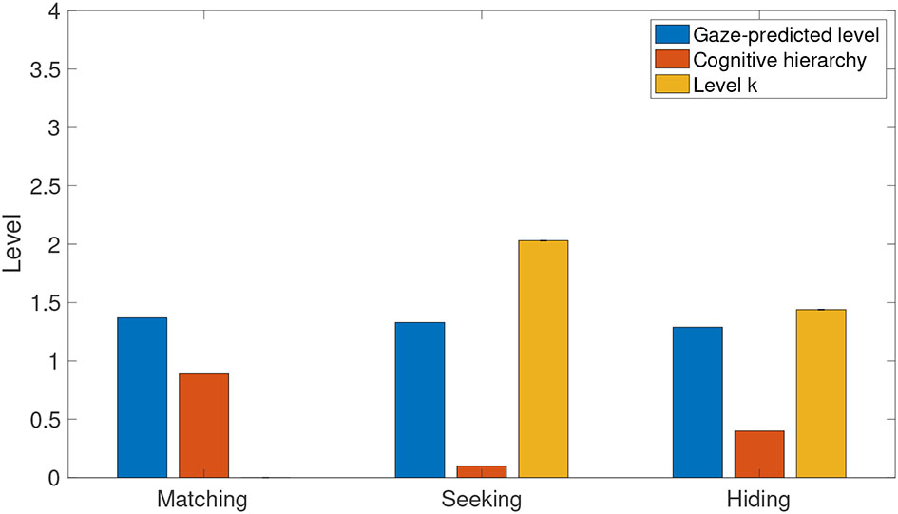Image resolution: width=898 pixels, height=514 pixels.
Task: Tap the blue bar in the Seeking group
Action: coord(420,399)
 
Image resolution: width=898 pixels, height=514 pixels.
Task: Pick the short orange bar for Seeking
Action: coord(482,471)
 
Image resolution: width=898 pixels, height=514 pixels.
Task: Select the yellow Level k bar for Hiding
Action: coord(821,393)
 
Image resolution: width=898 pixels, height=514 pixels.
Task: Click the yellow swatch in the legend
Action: coord(671,86)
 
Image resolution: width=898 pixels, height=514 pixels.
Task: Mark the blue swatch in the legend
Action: coord(671,35)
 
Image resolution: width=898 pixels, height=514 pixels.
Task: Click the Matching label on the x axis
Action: coord(202,499)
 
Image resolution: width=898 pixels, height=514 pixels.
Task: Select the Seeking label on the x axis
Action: coord(481,499)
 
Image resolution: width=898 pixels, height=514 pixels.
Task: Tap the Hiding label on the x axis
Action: coord(758,499)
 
